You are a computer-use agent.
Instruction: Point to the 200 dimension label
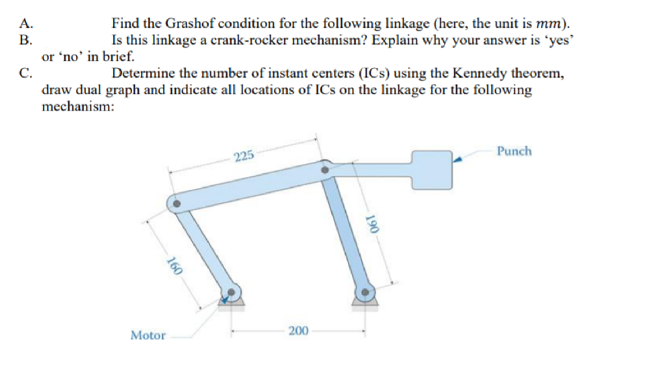click(298, 331)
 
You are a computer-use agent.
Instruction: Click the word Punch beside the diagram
click(514, 151)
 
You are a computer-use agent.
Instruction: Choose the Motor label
click(148, 335)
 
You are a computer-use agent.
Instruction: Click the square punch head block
click(431, 169)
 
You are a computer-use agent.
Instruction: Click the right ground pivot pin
click(365, 292)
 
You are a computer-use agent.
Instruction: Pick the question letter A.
click(25, 24)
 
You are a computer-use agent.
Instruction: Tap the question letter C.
click(25, 73)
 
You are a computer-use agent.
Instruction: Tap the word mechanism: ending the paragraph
click(78, 106)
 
